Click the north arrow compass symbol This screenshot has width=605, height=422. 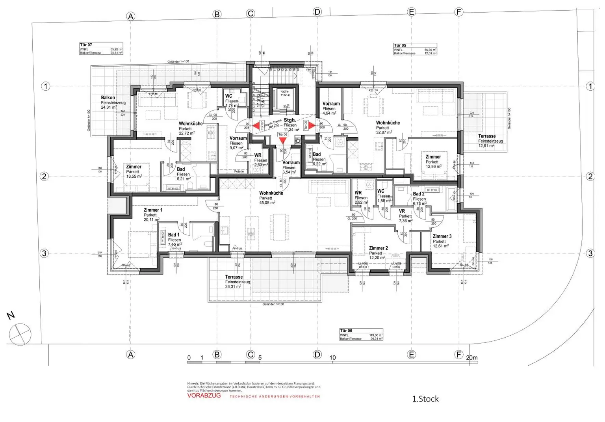20,334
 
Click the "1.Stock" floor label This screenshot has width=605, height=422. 425,399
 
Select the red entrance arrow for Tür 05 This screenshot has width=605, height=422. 311,126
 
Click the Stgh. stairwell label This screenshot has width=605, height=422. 290,120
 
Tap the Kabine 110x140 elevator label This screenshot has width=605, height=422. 284,93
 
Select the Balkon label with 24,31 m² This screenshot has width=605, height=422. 108,98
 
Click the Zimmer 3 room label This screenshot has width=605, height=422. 442,236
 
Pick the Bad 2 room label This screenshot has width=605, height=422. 418,194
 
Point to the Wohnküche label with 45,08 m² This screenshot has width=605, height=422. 271,193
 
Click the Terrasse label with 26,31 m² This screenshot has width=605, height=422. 234,277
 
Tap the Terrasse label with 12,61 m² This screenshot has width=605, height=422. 487,136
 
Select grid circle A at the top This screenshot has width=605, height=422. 130,16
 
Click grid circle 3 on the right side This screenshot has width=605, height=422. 590,253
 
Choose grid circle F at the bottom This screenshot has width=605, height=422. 458,355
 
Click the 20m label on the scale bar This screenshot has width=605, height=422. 471,358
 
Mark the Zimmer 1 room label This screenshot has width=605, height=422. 153,210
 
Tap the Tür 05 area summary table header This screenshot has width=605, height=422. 400,45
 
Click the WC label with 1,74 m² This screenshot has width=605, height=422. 228,96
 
